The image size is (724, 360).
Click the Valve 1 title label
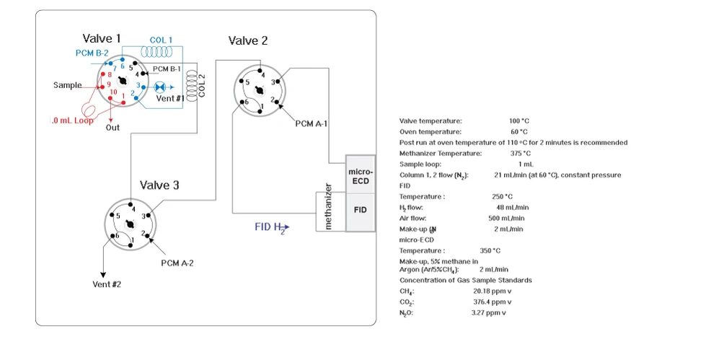point(102,38)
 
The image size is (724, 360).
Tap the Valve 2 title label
point(248,40)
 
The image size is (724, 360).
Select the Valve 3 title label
point(159,185)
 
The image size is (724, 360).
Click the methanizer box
point(329,207)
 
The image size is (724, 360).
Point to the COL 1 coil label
point(162,40)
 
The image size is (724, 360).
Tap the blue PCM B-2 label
point(92,53)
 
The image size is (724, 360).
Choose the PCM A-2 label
point(177,263)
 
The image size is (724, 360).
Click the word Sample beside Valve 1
point(68,85)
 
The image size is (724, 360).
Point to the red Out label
point(112,128)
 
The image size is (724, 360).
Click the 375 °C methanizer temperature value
point(520,153)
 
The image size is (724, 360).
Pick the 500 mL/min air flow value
point(506,218)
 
